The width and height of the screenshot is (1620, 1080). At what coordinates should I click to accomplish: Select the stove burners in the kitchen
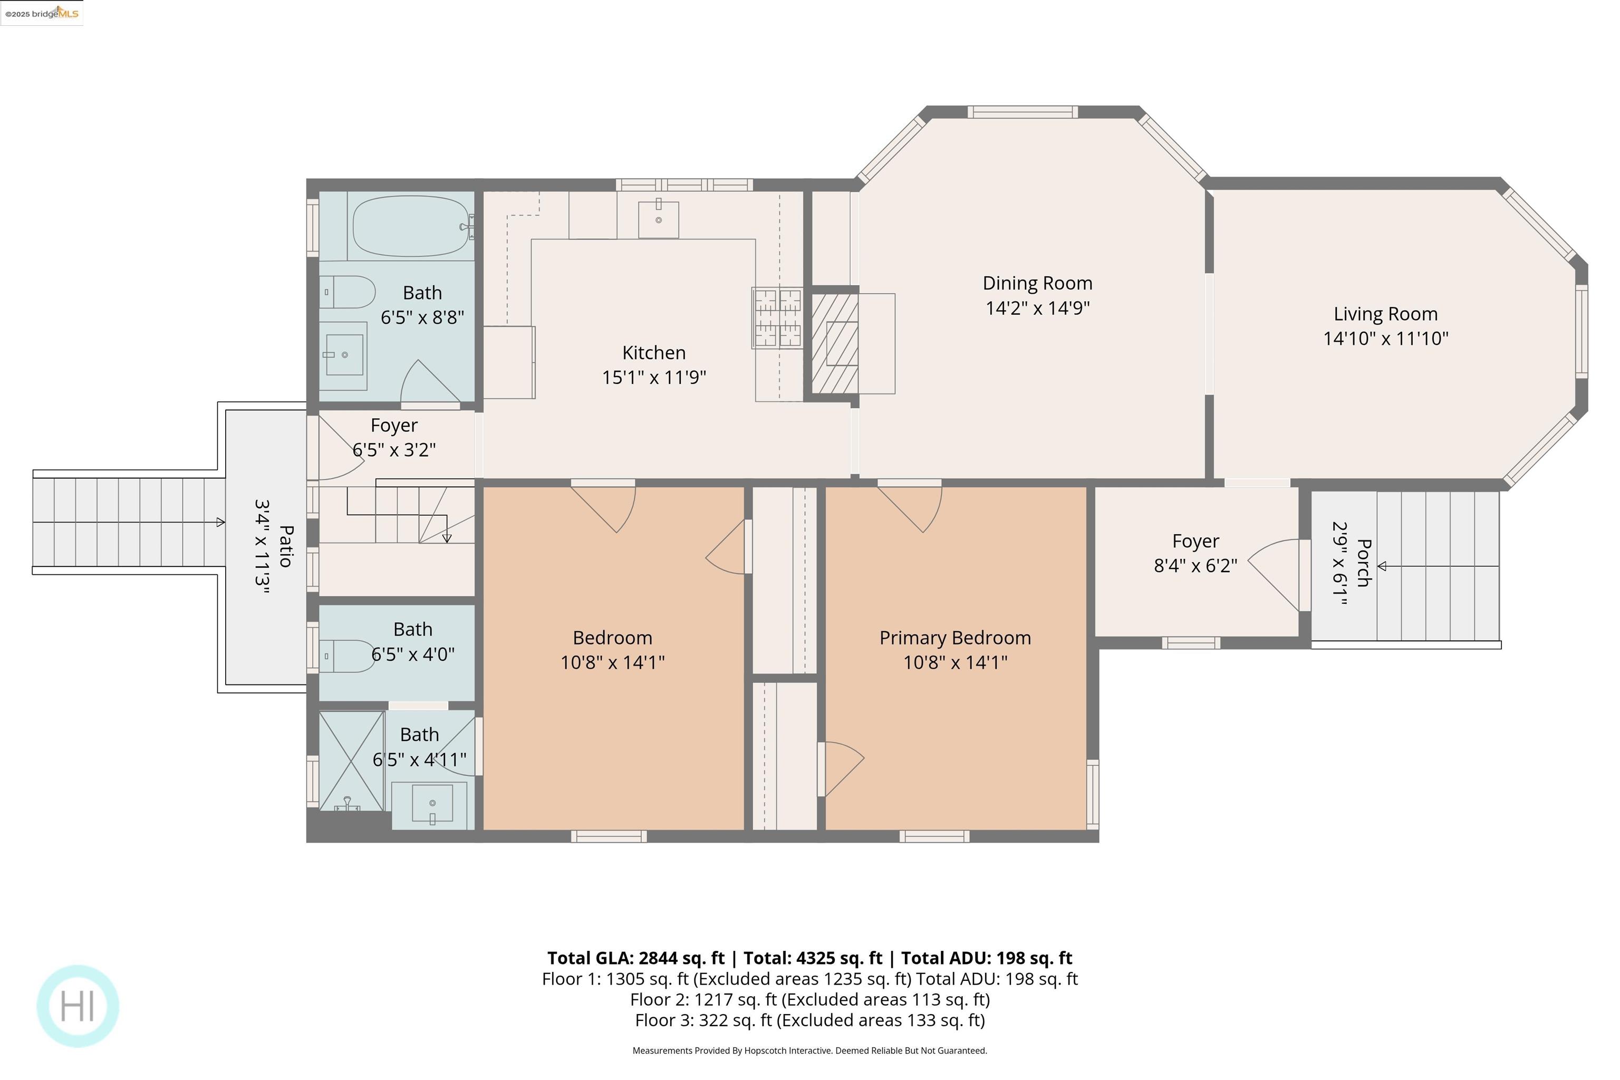(777, 317)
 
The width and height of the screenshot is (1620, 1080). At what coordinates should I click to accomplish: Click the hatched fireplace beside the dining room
(835, 343)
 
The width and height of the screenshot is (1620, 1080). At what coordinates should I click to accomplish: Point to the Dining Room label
(1037, 283)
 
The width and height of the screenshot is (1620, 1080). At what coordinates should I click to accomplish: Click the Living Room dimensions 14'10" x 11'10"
(1385, 338)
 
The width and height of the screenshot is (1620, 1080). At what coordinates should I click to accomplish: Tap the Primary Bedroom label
(954, 638)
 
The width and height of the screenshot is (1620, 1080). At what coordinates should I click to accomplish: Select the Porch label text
(1363, 563)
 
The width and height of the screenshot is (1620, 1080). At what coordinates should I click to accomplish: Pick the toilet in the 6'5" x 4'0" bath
(349, 655)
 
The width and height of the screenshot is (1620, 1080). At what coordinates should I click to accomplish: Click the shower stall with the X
(351, 760)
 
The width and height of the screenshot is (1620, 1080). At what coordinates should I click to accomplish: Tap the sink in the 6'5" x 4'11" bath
(432, 803)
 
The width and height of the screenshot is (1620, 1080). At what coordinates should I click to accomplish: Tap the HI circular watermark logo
(78, 1006)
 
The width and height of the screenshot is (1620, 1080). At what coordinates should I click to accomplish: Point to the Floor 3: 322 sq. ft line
(809, 1020)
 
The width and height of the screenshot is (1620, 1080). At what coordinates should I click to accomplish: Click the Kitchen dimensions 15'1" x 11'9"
(654, 378)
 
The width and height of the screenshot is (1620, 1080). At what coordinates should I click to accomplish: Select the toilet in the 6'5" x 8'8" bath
(349, 292)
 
